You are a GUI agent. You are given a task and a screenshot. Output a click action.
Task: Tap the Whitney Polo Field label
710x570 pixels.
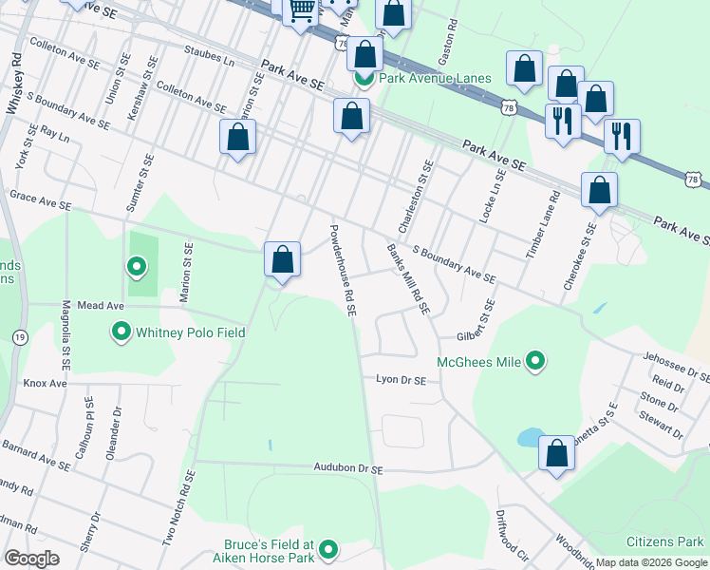tap(191, 332)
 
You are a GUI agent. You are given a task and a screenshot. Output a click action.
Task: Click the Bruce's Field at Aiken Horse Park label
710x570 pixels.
tap(269, 551)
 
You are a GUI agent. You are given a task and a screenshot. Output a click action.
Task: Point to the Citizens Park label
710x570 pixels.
tap(665, 542)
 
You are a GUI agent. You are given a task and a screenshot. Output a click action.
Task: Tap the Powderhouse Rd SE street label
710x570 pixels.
tap(342, 269)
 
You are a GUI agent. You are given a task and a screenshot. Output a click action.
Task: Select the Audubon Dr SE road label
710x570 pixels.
tap(348, 469)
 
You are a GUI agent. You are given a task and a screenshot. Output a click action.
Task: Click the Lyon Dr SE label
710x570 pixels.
tap(401, 379)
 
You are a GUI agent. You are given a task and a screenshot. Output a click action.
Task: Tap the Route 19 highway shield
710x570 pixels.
tap(20, 336)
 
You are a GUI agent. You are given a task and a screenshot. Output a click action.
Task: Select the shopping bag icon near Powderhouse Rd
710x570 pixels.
tap(282, 259)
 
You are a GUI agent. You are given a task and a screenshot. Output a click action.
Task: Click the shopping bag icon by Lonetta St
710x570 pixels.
tap(557, 453)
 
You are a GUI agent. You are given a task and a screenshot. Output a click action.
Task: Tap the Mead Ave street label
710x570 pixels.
tap(102, 307)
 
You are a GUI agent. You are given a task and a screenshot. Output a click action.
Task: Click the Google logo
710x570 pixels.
tap(32, 559)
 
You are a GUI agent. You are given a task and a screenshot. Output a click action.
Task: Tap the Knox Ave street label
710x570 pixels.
tap(45, 383)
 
